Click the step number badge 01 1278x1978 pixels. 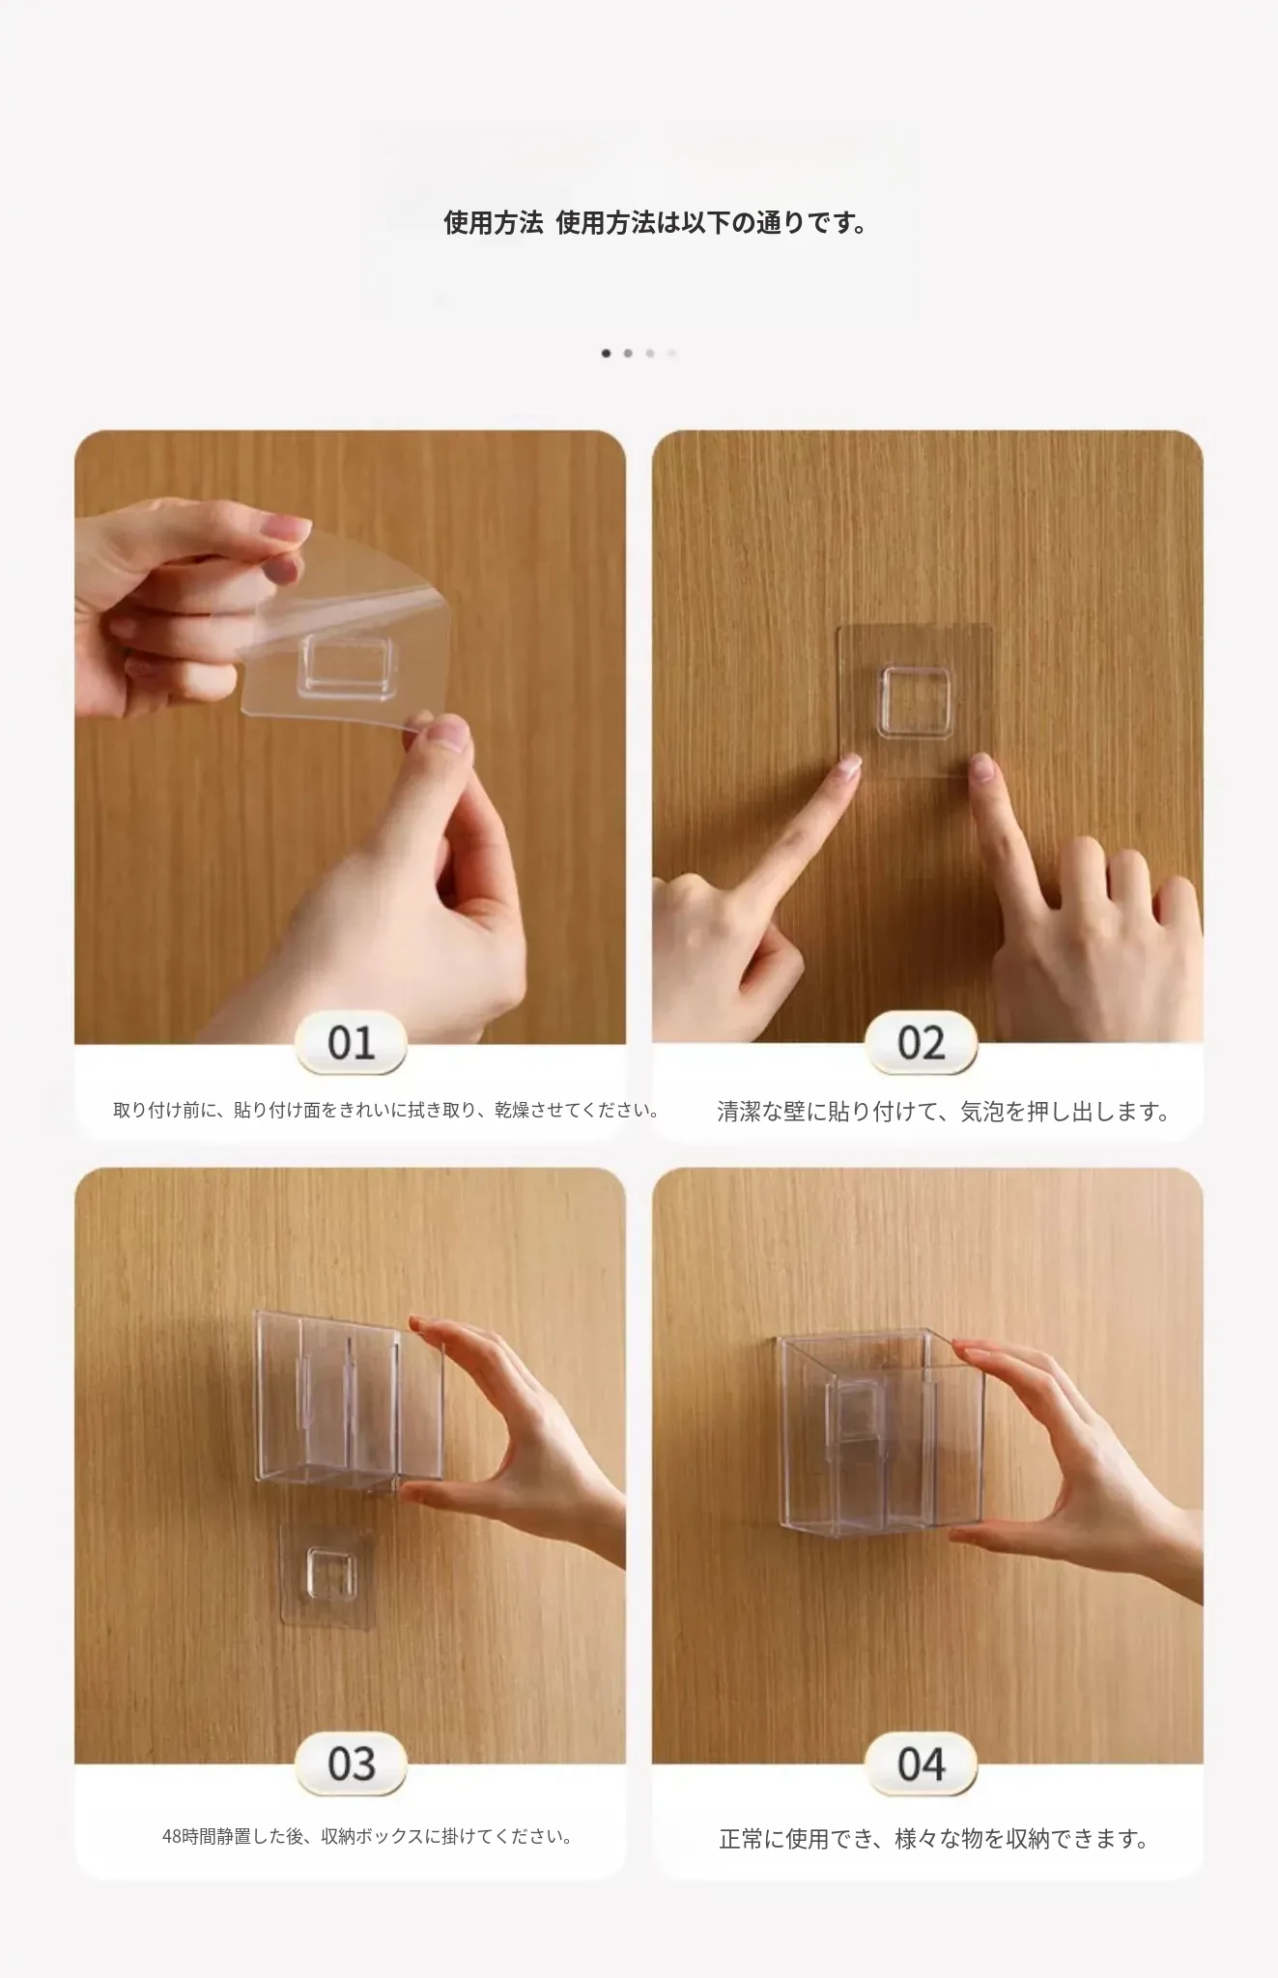350,1043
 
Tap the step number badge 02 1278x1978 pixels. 921,1043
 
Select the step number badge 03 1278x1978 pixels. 350,1764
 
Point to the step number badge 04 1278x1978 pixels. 921,1764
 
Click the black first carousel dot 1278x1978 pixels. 606,353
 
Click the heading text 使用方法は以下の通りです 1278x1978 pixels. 711,223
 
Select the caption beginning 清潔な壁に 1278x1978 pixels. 944,1112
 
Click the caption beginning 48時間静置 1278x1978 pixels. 367,1836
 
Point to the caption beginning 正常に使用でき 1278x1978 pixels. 934,1839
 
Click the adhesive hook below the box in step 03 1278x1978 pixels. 327,1574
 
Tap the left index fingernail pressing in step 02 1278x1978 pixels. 849,767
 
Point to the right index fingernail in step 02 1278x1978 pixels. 981,768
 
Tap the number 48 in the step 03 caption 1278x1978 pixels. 172,1837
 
